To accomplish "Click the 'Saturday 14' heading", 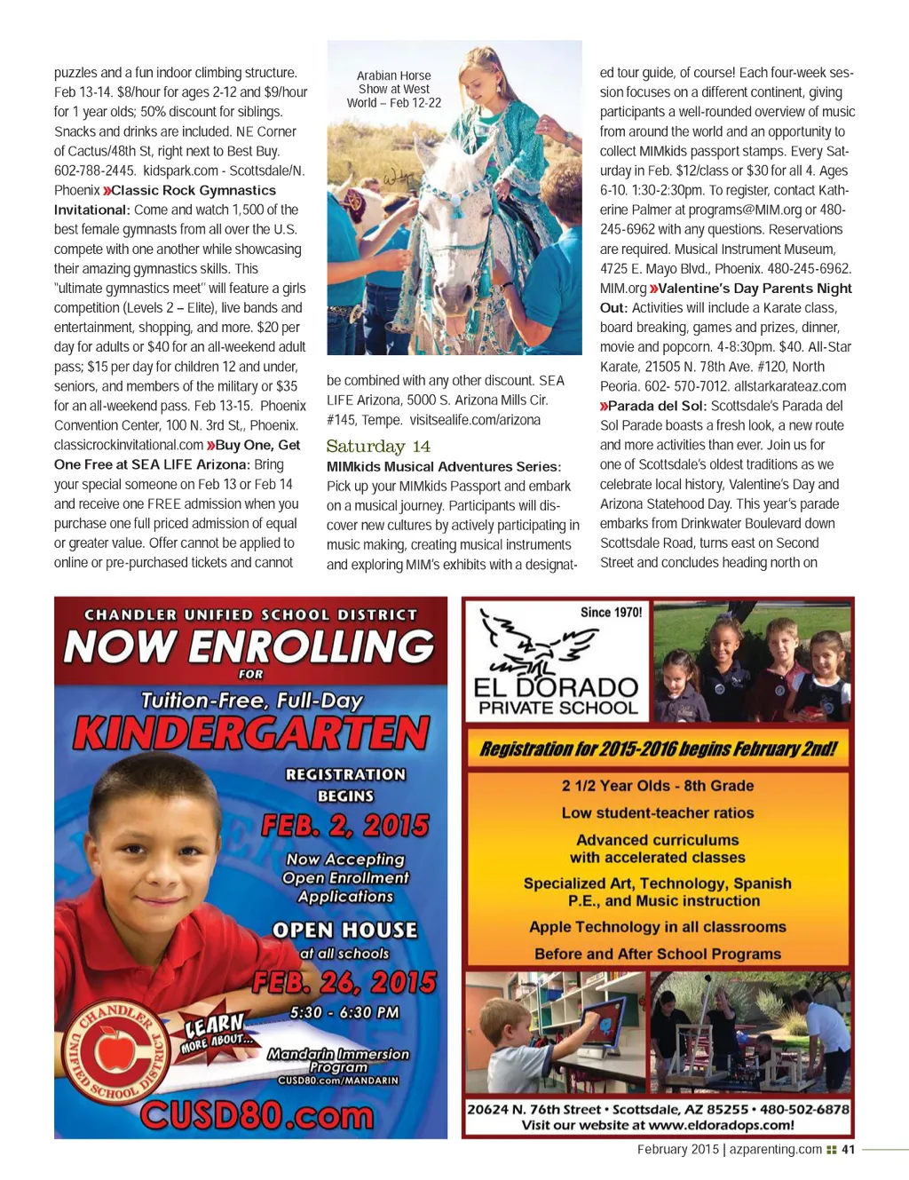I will tap(378, 447).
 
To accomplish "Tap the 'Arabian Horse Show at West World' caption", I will tap(393, 89).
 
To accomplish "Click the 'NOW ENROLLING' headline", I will tap(249, 645).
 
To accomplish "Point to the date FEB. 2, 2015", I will tap(345, 826).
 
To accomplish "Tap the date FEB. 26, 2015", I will tap(344, 982).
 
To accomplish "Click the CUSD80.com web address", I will tap(257, 1116).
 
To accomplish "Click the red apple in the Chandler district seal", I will tap(115, 1050).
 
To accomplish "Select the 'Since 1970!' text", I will tap(611, 612).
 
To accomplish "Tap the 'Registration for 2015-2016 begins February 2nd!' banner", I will tap(658, 748).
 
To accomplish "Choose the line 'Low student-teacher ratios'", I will tap(658, 812).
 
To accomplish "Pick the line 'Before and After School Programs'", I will tap(658, 954).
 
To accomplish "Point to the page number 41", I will tap(848, 1149).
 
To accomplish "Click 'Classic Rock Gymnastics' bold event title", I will tap(194, 190).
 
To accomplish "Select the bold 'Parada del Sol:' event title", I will tap(657, 406).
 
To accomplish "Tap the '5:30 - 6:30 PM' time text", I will tap(344, 1012).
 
